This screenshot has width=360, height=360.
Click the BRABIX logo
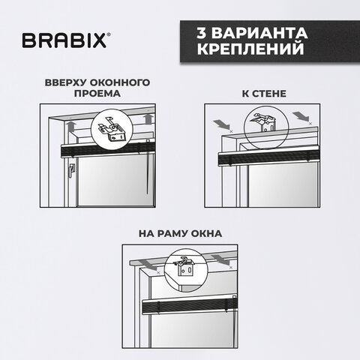point(66,40)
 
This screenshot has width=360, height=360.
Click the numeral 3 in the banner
point(202,33)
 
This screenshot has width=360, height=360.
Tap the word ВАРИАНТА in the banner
point(259,33)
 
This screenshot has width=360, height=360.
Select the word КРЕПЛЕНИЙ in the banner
point(250,49)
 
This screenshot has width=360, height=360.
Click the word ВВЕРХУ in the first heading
point(65,82)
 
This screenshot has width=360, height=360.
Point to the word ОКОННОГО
point(120,82)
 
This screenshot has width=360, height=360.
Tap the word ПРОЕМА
point(97,94)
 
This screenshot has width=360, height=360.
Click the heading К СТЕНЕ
point(264,94)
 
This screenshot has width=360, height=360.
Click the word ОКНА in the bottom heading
point(206,234)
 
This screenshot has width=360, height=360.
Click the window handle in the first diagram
point(72,169)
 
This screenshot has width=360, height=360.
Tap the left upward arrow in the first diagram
point(72,126)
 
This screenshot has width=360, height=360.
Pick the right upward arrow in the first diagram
point(148,118)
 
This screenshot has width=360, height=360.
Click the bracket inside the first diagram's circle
point(112,128)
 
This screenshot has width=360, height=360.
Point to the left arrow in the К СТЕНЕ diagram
point(221,124)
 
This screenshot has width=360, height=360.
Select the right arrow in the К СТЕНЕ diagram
point(301,117)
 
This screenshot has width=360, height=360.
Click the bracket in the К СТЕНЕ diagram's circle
point(265,123)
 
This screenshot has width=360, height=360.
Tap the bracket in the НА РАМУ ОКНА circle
point(184,265)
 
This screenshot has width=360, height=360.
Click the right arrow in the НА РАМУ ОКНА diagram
point(220,260)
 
